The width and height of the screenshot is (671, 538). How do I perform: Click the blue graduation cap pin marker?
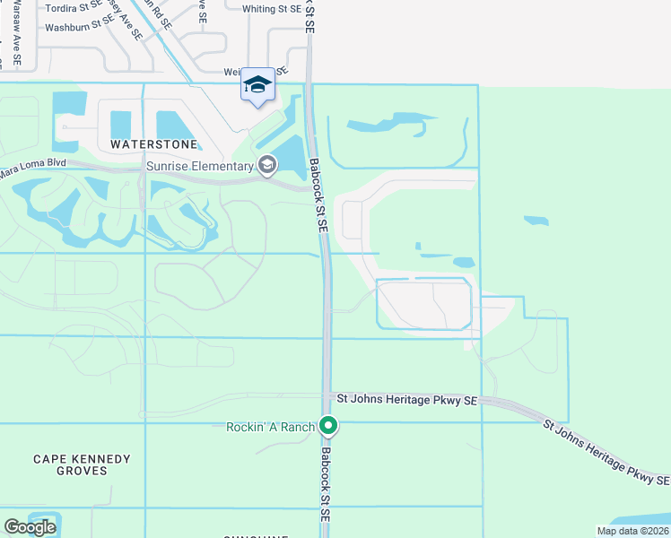tap(257, 85)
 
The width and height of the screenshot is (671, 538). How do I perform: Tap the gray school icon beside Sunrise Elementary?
tap(266, 165)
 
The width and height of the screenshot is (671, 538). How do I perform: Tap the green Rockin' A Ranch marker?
tap(329, 427)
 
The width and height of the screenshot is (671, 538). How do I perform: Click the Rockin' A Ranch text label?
tap(270, 427)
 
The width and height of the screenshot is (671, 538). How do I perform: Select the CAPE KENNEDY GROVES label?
tap(82, 464)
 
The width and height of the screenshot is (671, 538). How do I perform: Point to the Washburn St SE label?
tap(79, 28)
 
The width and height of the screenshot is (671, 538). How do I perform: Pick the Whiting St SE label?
tap(272, 9)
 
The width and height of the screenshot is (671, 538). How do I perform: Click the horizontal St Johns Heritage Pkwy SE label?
tap(406, 400)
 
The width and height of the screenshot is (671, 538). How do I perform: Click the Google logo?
tap(30, 527)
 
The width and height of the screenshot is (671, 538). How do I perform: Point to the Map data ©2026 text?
tap(632, 531)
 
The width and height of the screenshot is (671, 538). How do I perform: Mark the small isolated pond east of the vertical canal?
tap(535, 221)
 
